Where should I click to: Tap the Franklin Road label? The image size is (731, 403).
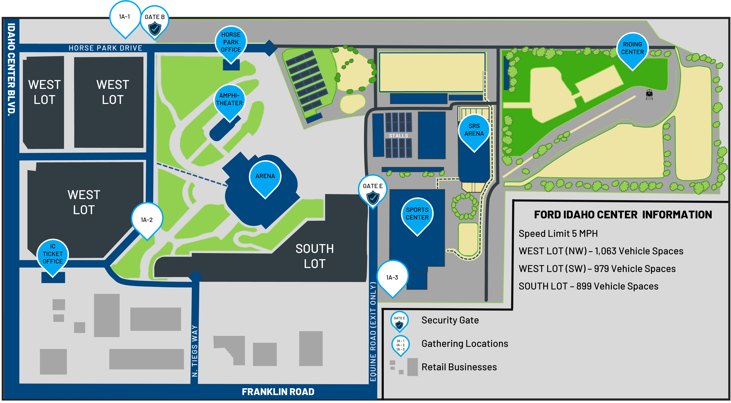[278, 392]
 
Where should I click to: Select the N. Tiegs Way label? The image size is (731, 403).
[195, 351]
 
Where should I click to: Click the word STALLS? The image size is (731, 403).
[398, 136]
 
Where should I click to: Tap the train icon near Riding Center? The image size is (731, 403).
[649, 95]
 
